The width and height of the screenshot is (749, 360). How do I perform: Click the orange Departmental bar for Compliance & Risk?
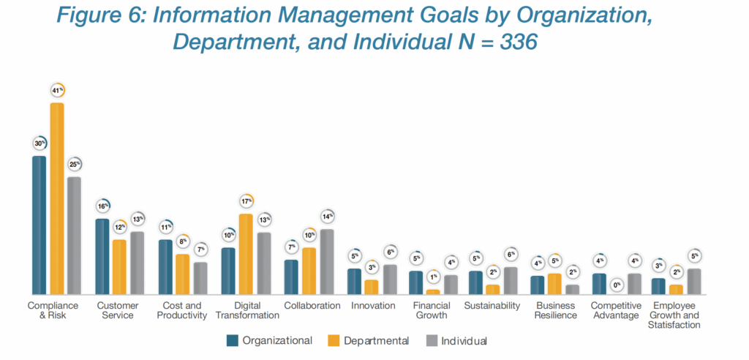(x=56, y=198)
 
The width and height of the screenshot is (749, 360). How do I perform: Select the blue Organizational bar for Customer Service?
(x=102, y=256)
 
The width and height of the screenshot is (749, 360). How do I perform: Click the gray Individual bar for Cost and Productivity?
(x=200, y=278)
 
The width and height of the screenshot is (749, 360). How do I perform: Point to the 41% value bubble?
(x=56, y=90)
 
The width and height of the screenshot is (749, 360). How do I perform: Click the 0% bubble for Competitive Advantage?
(x=617, y=285)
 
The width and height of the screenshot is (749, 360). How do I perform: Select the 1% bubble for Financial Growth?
(x=433, y=277)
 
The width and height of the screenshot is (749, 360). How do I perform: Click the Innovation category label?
(x=373, y=306)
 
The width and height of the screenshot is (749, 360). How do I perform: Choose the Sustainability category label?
(x=492, y=306)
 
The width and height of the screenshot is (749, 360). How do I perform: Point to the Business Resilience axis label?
(x=555, y=310)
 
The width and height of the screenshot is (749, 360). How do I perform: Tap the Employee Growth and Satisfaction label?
(x=674, y=315)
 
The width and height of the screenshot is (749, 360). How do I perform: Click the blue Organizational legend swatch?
(x=233, y=340)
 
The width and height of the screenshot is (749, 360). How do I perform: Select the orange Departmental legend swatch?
(x=334, y=340)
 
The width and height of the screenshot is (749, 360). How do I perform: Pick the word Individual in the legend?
(x=464, y=341)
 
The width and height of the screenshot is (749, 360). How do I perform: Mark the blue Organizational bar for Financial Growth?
(x=416, y=282)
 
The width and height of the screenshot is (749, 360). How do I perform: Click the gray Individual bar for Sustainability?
(x=510, y=280)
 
